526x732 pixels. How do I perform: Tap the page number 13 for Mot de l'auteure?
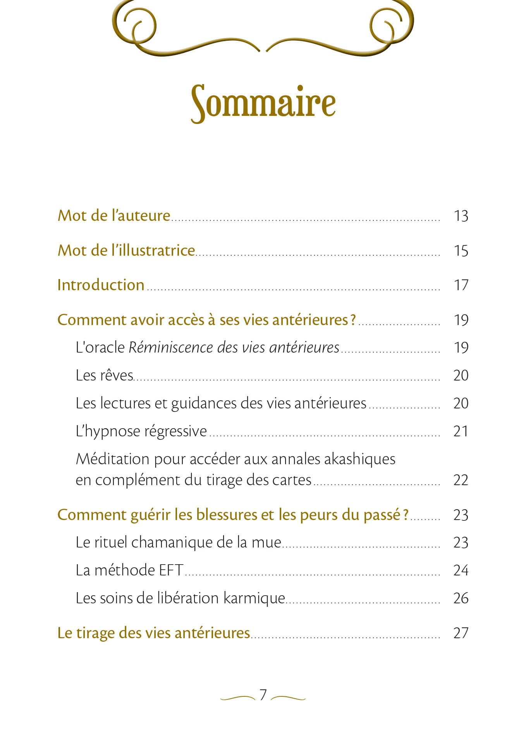coord(461,216)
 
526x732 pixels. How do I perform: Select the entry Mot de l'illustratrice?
coord(126,250)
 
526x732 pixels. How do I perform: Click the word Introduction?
coord(101,285)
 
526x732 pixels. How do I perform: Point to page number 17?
coord(461,285)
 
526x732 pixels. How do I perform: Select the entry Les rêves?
coord(104,375)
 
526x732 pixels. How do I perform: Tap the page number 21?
coord(461,431)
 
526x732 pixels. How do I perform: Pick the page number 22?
coord(461,480)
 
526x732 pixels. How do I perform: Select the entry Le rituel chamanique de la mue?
coord(178,542)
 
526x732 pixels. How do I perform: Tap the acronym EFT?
coord(171,570)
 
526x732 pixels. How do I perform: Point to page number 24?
coord(461,570)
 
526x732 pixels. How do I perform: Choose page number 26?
coord(461,598)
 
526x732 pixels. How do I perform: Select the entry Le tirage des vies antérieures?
coord(153,633)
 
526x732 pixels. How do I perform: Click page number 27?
coord(461,633)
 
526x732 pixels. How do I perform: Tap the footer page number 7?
coord(263,695)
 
